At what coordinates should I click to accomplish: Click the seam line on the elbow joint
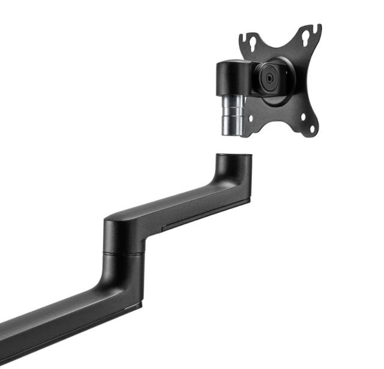click(123, 254)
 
